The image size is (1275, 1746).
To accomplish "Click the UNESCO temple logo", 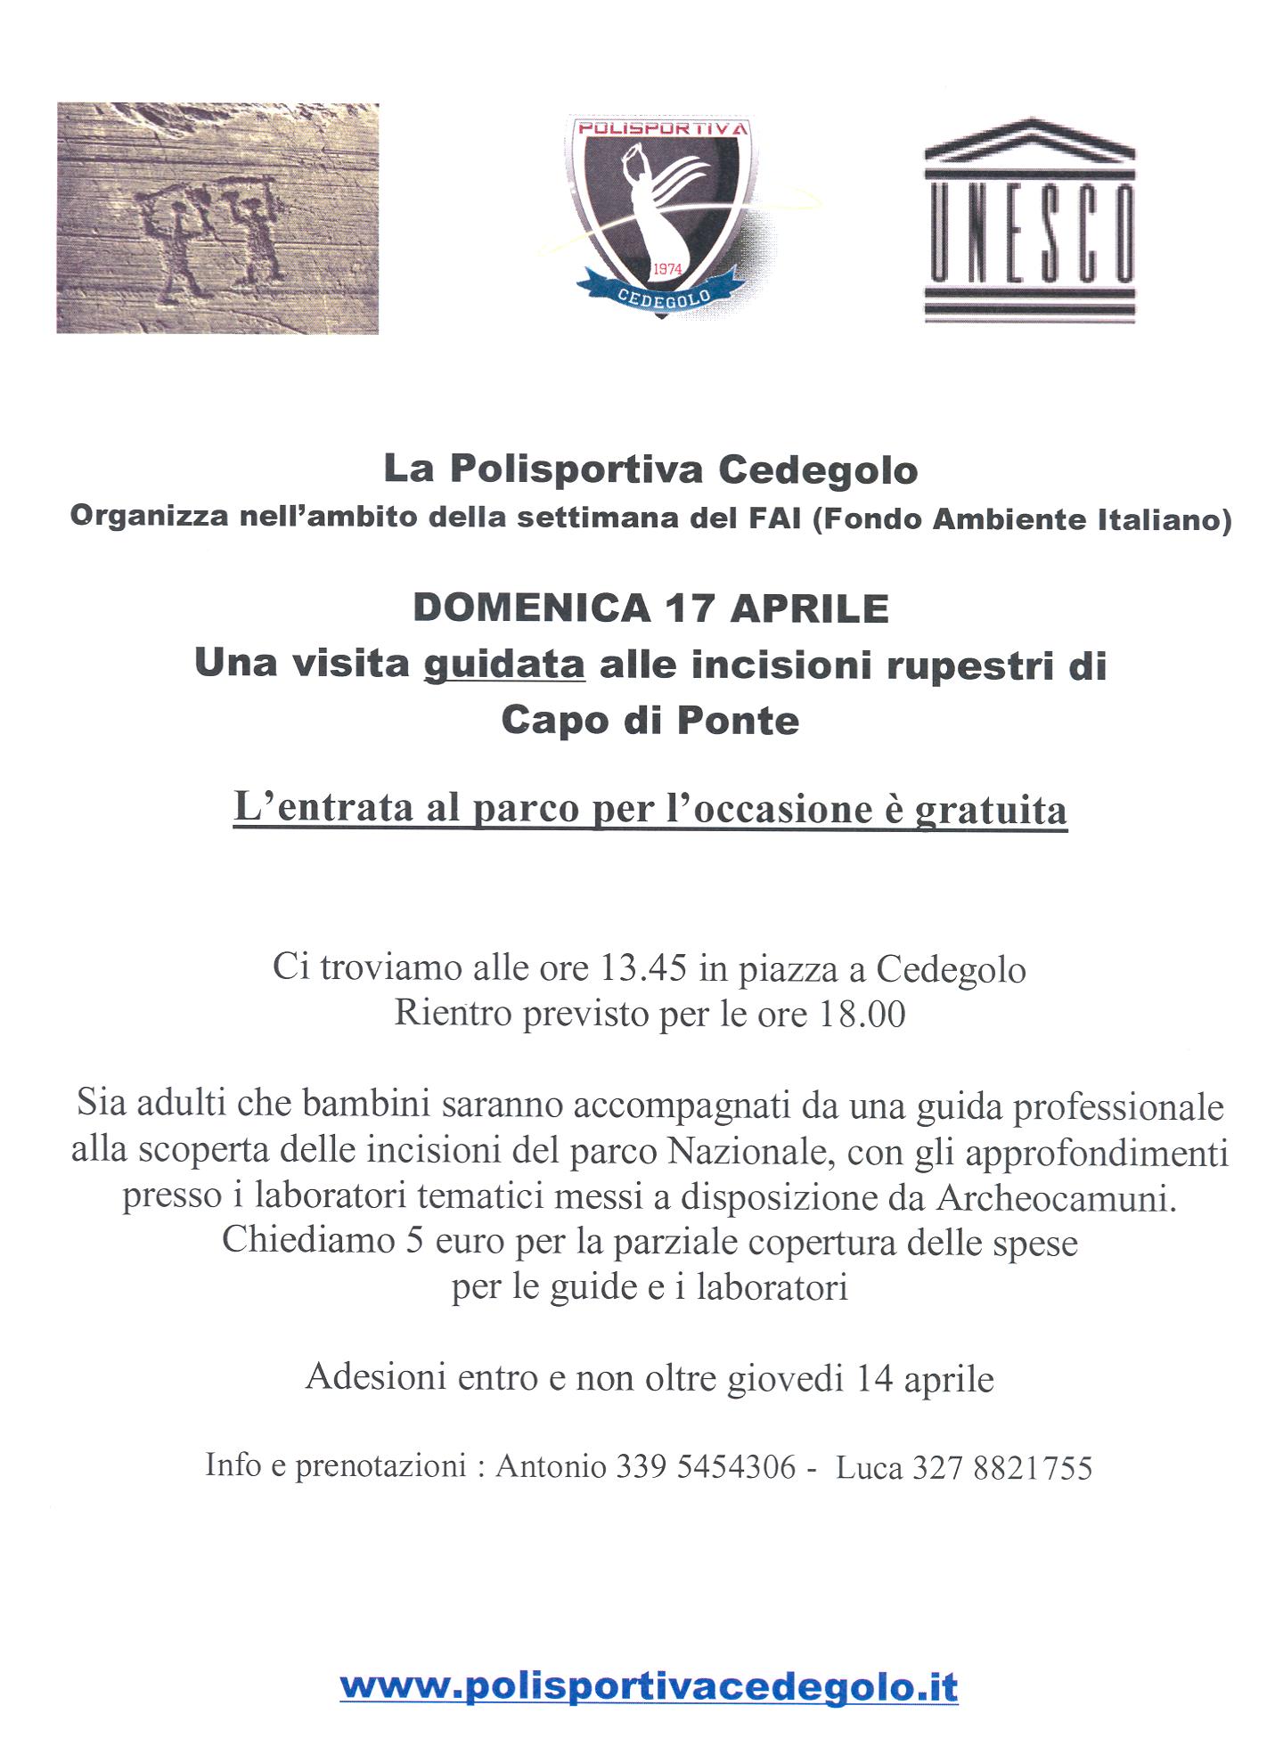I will click(1029, 220).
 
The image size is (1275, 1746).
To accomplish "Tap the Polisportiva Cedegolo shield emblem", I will click(660, 214).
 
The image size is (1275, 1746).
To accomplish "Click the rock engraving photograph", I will click(217, 218).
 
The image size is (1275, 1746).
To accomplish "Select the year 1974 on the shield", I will click(667, 269).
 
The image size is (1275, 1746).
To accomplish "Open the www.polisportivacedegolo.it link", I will click(649, 1686).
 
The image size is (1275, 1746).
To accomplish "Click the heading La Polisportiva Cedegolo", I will click(650, 469).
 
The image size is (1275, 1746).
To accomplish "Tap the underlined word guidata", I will click(504, 665).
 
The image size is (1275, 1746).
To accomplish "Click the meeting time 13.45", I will click(644, 968).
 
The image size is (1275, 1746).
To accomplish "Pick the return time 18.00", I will click(862, 1014).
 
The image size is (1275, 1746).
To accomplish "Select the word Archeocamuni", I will click(1056, 1198).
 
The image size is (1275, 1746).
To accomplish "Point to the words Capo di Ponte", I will click(650, 721).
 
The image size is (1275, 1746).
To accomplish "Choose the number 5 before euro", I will click(414, 1242).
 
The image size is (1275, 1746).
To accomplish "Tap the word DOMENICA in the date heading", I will click(532, 608).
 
